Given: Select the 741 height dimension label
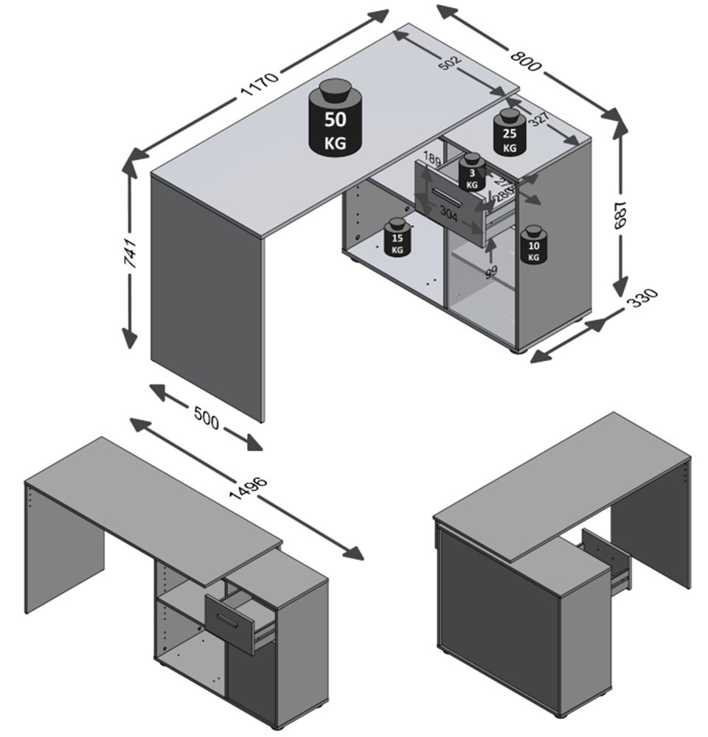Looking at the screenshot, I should (131, 253).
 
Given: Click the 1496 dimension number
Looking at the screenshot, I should (249, 493).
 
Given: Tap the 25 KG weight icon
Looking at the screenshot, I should (509, 133).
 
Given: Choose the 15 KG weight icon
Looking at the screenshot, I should (398, 238).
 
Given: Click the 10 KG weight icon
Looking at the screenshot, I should (533, 245).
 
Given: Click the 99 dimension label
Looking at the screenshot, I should (491, 271).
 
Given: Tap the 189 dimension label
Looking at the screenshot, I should (431, 161).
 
